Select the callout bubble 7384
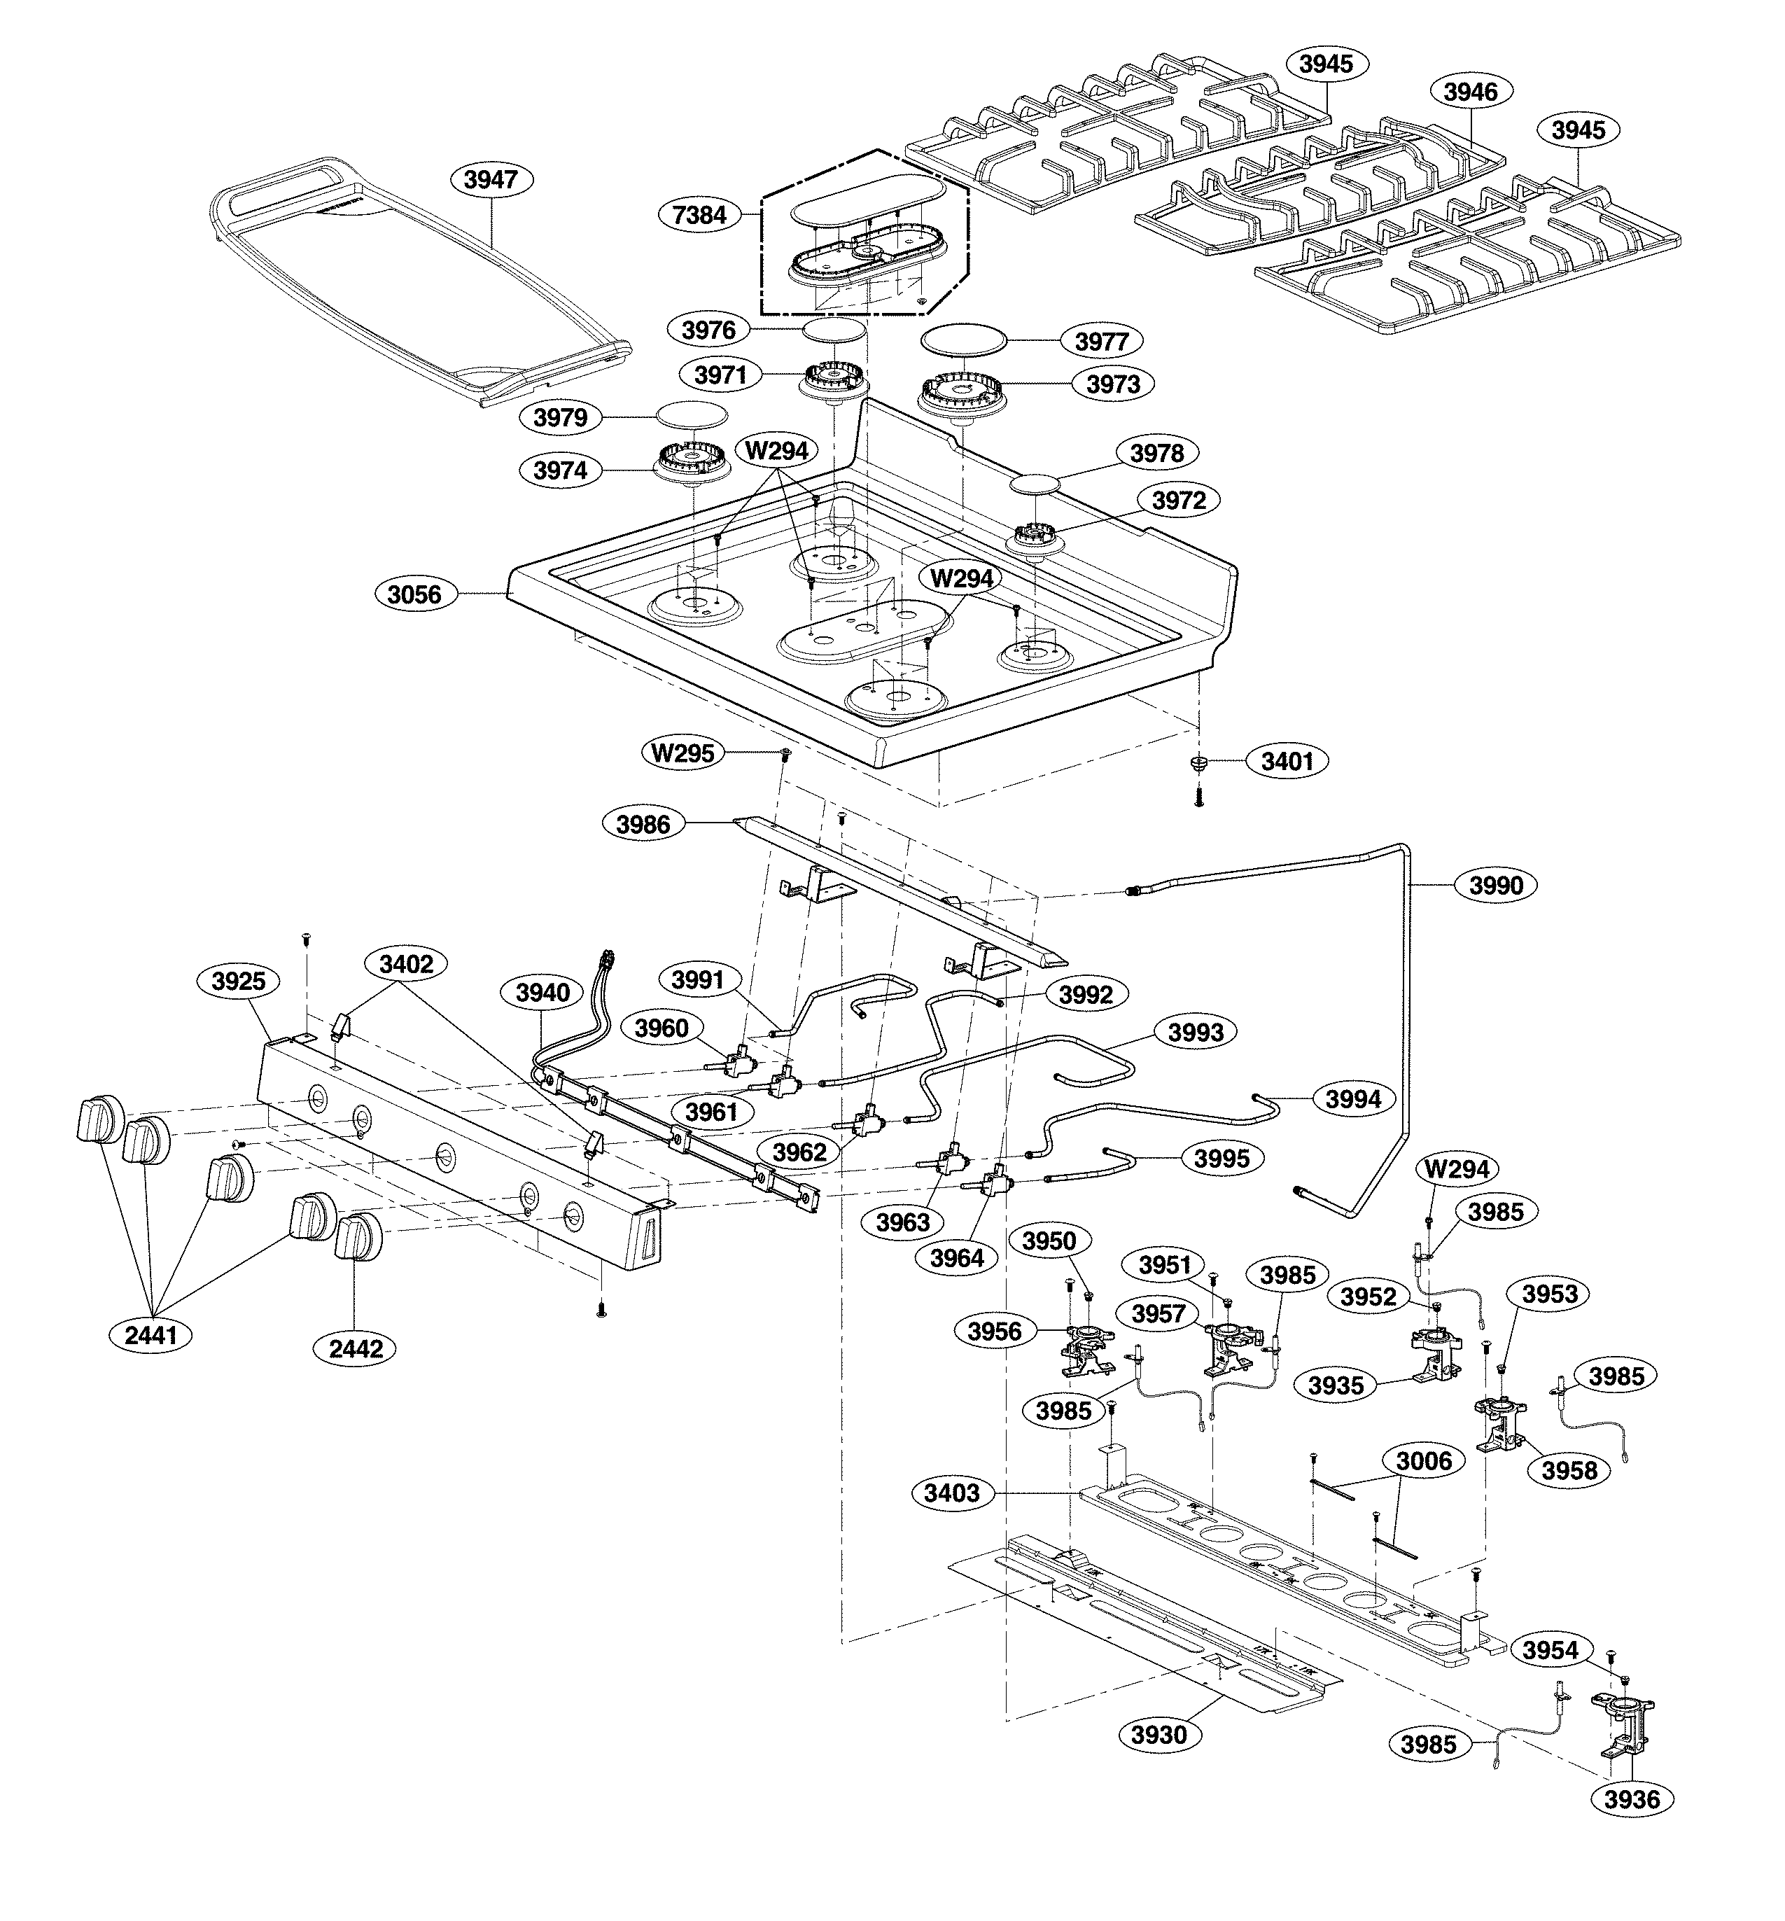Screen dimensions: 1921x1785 click(x=699, y=214)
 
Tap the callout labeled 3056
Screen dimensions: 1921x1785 click(x=414, y=594)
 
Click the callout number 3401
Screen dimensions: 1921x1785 click(x=1287, y=761)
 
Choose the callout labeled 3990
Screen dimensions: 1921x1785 click(x=1496, y=885)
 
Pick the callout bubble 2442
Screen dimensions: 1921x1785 click(x=356, y=1348)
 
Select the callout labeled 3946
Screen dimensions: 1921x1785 click(x=1470, y=92)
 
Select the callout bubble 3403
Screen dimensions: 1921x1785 click(x=951, y=1493)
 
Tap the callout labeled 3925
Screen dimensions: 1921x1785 click(x=239, y=982)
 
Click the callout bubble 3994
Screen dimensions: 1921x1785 click(x=1352, y=1098)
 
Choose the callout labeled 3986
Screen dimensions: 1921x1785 click(x=643, y=824)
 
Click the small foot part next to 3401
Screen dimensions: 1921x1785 click(x=1198, y=763)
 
